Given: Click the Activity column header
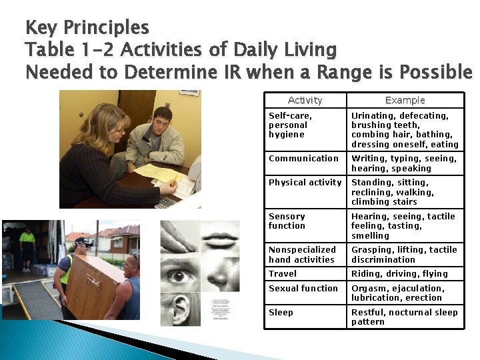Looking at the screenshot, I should pyautogui.click(x=305, y=100).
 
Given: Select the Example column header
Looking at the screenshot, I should pyautogui.click(x=405, y=100).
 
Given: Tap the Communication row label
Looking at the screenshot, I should pyautogui.click(x=303, y=159).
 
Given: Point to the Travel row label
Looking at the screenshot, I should pyautogui.click(x=283, y=274).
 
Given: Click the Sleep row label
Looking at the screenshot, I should pyautogui.click(x=281, y=313).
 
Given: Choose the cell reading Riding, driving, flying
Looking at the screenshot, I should pyautogui.click(x=399, y=274).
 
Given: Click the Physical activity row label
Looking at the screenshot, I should pyautogui.click(x=305, y=183).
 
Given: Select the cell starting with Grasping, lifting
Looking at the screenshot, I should pyautogui.click(x=404, y=255).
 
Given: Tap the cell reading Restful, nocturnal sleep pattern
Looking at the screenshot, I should pyautogui.click(x=404, y=317).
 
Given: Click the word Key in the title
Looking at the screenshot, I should pyautogui.click(x=41, y=28).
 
